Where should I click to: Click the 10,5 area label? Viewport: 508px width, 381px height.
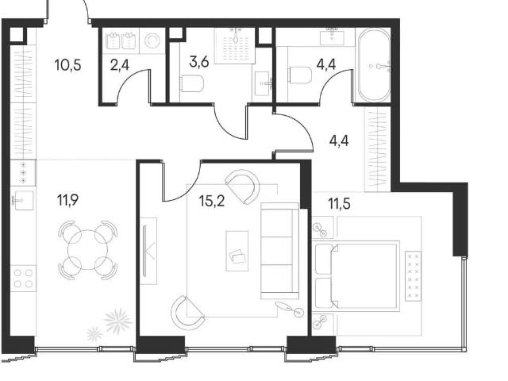click(x=68, y=65)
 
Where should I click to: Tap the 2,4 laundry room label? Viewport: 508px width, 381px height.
click(x=120, y=65)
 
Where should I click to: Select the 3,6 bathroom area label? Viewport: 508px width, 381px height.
click(x=199, y=62)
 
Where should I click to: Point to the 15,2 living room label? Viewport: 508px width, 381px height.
click(x=212, y=201)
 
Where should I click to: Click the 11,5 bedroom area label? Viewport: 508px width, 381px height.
click(x=339, y=204)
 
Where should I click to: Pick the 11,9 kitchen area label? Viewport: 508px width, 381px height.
click(x=68, y=200)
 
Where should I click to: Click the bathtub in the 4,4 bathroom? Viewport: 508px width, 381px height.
click(x=375, y=66)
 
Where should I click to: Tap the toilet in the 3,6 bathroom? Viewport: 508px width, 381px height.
click(x=192, y=83)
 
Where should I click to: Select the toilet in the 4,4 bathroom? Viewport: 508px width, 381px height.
click(x=300, y=75)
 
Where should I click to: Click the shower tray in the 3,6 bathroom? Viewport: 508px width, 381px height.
click(x=235, y=46)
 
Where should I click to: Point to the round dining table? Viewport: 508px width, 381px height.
click(x=87, y=249)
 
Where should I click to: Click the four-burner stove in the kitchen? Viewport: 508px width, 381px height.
click(x=23, y=279)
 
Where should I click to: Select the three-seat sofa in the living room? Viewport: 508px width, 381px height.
click(x=279, y=251)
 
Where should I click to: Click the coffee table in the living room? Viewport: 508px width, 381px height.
click(x=237, y=251)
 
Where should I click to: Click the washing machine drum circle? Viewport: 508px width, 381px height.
click(x=152, y=41)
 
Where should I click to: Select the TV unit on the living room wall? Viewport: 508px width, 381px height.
click(x=148, y=251)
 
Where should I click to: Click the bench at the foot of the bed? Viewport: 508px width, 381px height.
click(x=413, y=275)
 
